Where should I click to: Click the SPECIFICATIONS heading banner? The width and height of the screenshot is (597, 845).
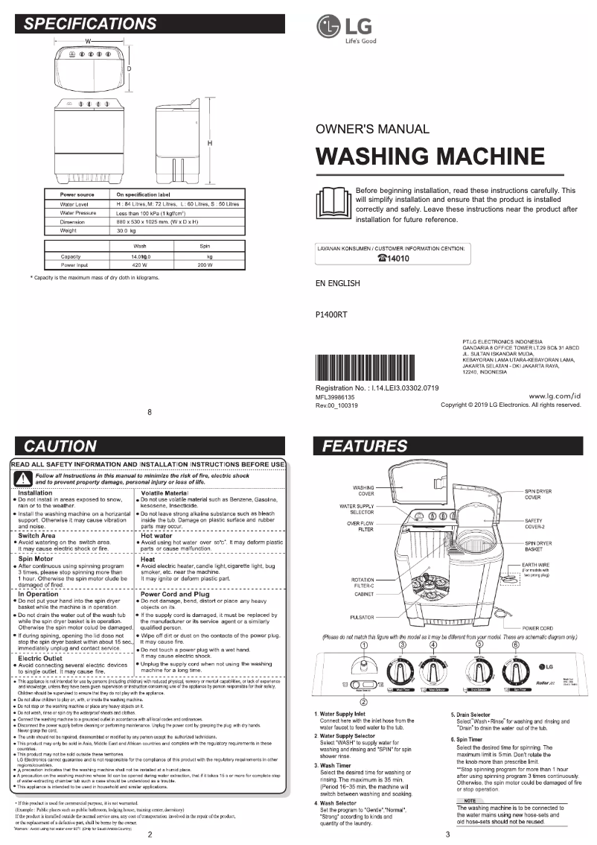pos(91,24)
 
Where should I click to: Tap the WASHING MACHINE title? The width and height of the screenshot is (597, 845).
pos(430,157)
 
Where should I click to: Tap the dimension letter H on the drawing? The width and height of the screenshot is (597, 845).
pos(211,143)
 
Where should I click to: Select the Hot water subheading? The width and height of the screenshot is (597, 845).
pos(156,535)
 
